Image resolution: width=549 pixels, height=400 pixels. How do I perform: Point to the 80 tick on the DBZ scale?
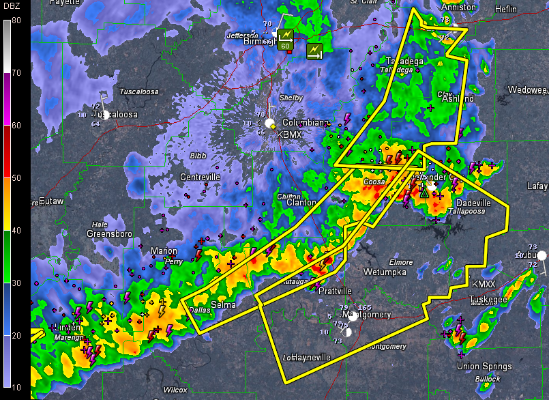tap(16, 20)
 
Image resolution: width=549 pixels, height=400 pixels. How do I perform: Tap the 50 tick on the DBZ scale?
tap(16, 177)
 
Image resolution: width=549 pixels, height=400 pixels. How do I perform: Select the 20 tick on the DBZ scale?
tap(16, 335)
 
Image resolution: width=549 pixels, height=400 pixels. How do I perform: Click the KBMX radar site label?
tap(288, 135)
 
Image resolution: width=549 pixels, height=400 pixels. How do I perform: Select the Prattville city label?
tap(336, 291)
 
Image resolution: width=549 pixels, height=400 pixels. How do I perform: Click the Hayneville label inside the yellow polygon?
tap(303, 356)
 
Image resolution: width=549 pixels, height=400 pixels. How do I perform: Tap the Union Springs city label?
tap(477, 367)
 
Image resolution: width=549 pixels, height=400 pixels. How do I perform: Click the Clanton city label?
tap(301, 203)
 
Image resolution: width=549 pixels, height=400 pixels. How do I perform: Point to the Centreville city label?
tap(200, 177)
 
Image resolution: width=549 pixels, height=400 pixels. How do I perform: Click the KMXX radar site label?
tap(484, 283)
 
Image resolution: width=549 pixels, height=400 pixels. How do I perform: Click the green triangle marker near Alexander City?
tap(424, 193)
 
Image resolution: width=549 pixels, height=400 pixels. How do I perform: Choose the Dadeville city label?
tap(473, 203)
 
